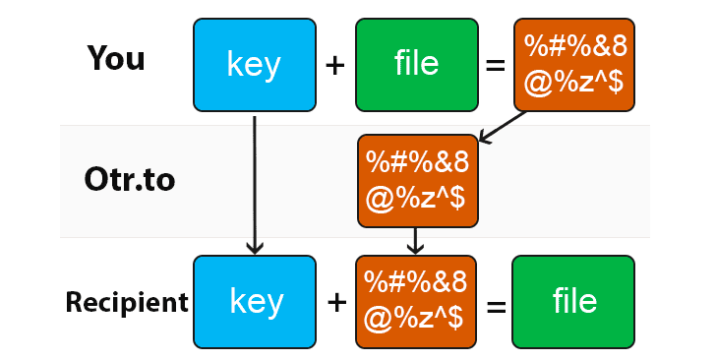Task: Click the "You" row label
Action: click(116, 59)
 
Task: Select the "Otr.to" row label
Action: click(130, 181)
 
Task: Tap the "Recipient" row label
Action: click(127, 302)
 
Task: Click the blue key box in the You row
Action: click(254, 64)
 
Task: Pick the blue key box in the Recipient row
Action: click(254, 302)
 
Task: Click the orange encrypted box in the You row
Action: click(575, 64)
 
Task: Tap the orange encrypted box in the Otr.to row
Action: click(417, 181)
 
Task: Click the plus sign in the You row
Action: click(335, 65)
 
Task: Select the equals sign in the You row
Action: click(495, 66)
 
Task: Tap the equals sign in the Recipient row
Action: click(496, 304)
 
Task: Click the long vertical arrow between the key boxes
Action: click(255, 183)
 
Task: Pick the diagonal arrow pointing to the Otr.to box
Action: click(504, 125)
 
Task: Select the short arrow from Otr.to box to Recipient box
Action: click(416, 240)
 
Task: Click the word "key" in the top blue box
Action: click(254, 65)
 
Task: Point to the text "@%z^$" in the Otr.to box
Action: click(417, 200)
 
